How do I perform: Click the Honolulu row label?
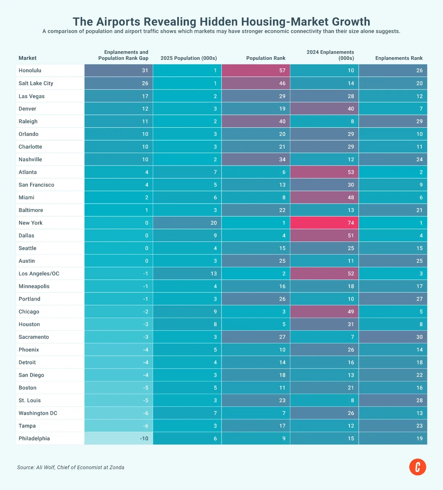pos(30,70)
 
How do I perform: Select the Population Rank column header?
pos(266,58)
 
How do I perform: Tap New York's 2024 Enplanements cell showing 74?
pos(324,223)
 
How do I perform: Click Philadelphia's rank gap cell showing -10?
pos(119,438)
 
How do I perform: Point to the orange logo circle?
pos(418,467)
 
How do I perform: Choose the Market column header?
pos(27,58)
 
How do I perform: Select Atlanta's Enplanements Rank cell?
pos(393,172)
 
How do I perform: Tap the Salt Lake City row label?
pos(36,83)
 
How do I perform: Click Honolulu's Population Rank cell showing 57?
pos(256,70)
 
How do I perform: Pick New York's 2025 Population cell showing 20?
pos(187,223)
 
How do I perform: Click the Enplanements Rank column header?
pos(399,58)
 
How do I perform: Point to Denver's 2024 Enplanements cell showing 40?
pos(324,109)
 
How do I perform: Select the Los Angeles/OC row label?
pos(39,273)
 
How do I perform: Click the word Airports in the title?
pos(118,22)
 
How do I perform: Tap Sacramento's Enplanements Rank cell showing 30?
pos(393,337)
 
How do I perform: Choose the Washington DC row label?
pos(38,413)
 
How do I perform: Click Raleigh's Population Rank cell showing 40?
pos(256,121)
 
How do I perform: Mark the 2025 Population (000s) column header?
pos(189,58)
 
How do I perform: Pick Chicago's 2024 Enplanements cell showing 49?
pos(324,312)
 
